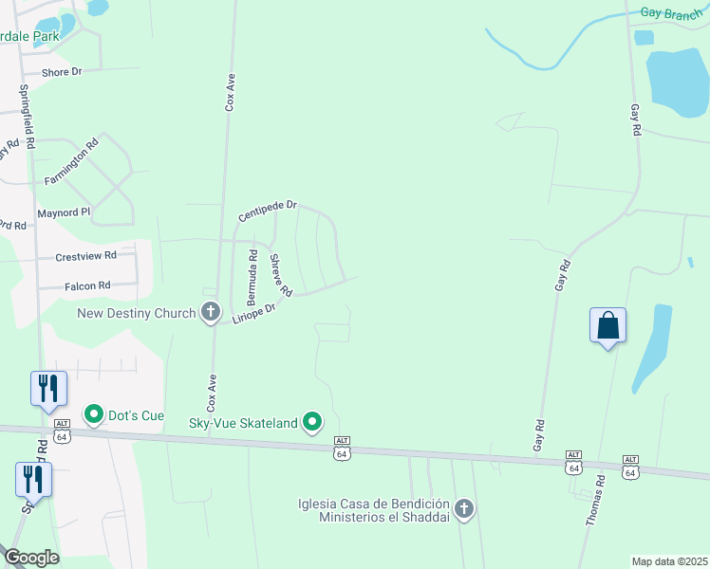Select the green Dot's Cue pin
pos(94,415)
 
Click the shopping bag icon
pos(607,325)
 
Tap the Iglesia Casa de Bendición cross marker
pos(464,509)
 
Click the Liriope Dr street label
pos(253,314)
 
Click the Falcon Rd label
pos(87,284)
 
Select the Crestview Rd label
pos(85,256)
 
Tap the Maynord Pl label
pos(64,212)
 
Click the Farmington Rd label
pos(71,163)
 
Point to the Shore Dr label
pos(63,72)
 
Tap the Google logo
pos(31,558)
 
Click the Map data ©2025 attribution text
pos(670,561)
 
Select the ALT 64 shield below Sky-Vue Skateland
pos(341,449)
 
